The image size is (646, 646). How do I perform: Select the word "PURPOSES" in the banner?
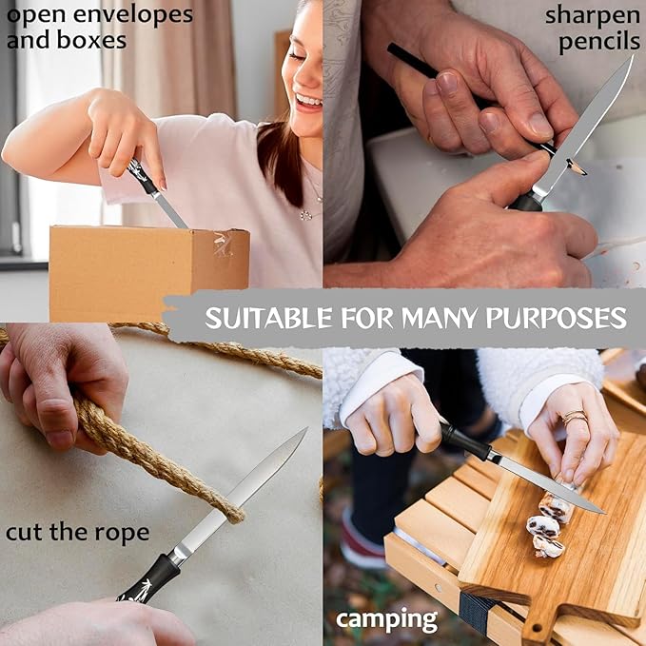[x=557, y=318]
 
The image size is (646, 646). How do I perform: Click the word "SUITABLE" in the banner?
[x=268, y=318]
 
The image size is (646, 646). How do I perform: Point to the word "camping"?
[x=386, y=620]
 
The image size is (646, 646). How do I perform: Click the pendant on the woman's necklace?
[x=305, y=215]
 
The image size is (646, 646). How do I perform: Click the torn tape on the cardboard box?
[x=223, y=244]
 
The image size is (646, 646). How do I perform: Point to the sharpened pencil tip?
[x=577, y=167]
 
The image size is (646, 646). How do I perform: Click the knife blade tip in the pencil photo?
[x=632, y=57]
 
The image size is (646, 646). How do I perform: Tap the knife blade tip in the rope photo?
[x=305, y=429]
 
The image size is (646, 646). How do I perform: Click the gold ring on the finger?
[x=575, y=416]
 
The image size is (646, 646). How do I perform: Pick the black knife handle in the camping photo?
[x=464, y=440]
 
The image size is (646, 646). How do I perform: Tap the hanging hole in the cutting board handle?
[x=537, y=629]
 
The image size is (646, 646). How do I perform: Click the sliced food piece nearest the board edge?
[x=547, y=547]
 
